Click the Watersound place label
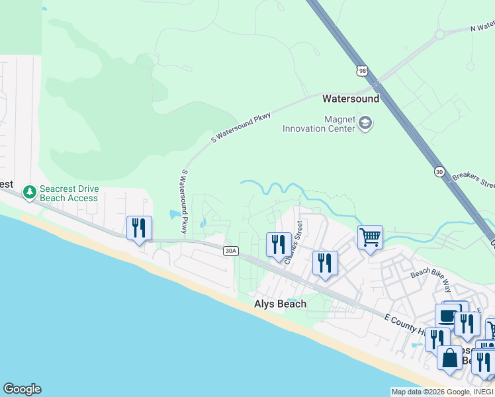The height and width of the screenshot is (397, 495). [350, 99]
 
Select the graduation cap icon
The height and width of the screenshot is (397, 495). [365, 123]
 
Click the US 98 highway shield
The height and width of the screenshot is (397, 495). [361, 71]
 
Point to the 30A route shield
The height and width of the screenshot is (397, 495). [230, 251]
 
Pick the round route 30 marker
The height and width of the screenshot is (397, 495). [439, 171]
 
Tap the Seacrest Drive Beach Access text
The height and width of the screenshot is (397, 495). [69, 193]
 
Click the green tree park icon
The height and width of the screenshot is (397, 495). [29, 193]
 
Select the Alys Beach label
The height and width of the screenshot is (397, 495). [281, 304]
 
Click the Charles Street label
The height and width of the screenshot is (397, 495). [292, 242]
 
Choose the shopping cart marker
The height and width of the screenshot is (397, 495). [370, 237]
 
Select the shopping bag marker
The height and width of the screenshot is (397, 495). [449, 357]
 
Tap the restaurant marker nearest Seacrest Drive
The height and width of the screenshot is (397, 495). [139, 228]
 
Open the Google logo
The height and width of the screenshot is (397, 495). [22, 389]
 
